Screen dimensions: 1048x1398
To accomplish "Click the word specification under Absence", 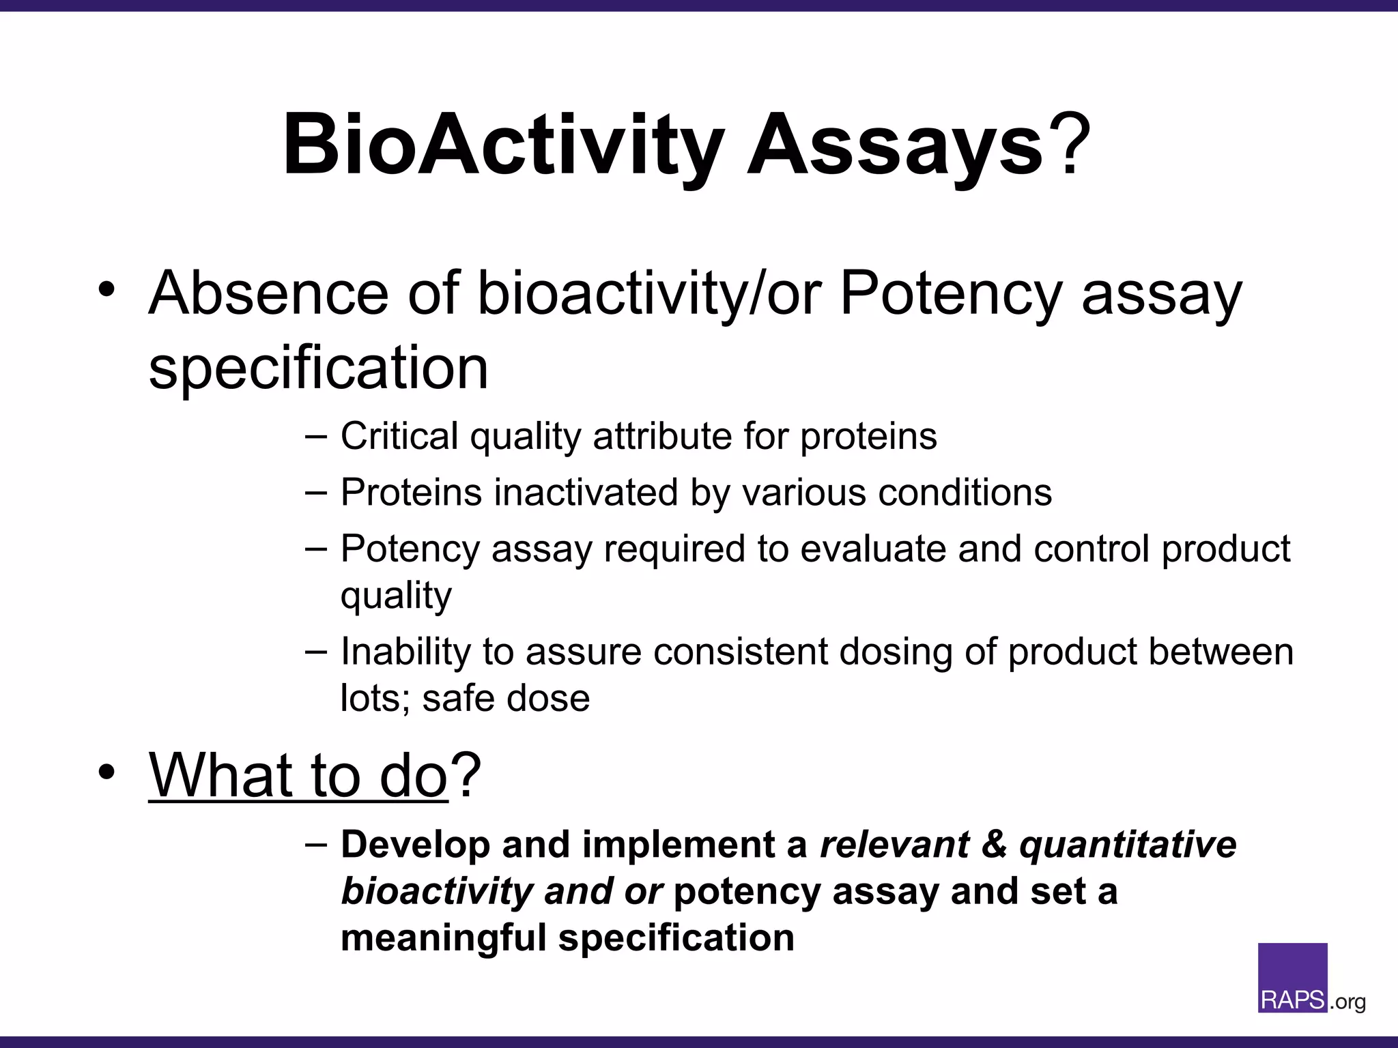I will (318, 368).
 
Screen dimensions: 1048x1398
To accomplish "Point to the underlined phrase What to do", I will (298, 776).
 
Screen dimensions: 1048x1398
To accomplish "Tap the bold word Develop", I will (415, 845).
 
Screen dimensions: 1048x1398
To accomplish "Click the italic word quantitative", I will (1127, 845).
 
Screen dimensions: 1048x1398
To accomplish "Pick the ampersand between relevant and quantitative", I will (994, 845).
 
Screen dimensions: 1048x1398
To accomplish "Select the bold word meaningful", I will (444, 937).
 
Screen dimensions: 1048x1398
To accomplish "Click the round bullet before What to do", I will (106, 772).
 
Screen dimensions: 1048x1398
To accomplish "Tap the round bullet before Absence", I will (106, 289).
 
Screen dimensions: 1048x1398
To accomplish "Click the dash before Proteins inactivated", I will (316, 493).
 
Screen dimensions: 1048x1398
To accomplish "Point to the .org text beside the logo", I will (1347, 1002).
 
